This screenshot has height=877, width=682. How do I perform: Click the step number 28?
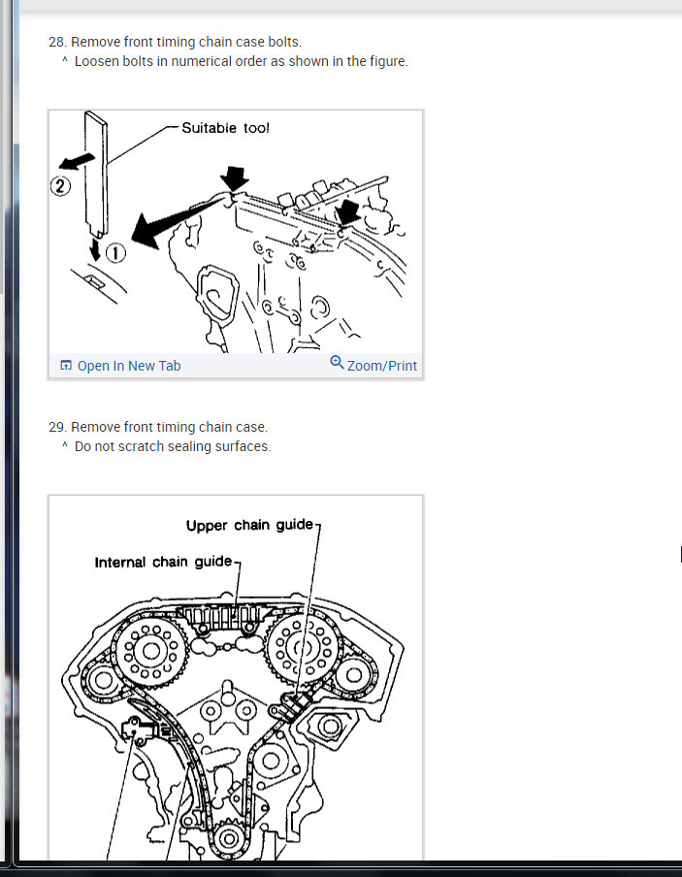pyautogui.click(x=57, y=42)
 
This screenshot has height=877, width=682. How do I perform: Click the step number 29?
pyautogui.click(x=57, y=427)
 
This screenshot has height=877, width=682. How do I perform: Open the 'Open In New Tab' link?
pyautogui.click(x=129, y=366)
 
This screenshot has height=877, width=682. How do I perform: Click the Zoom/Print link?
pyautogui.click(x=382, y=366)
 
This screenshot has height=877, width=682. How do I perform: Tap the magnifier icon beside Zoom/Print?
pyautogui.click(x=337, y=363)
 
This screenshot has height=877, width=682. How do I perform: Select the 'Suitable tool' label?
pyautogui.click(x=225, y=128)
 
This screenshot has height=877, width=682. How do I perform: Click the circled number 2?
pyautogui.click(x=60, y=185)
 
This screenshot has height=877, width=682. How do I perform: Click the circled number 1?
pyautogui.click(x=115, y=253)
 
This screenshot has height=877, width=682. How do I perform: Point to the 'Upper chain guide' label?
pyautogui.click(x=249, y=525)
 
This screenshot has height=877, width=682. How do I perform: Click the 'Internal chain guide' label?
pyautogui.click(x=163, y=562)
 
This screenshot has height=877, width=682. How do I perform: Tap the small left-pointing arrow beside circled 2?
pyautogui.click(x=77, y=161)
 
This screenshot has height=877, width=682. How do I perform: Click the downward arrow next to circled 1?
pyautogui.click(x=95, y=250)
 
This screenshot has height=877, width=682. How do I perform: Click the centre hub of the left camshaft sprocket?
pyautogui.click(x=151, y=651)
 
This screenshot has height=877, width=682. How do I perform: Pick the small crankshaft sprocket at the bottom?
pyautogui.click(x=228, y=839)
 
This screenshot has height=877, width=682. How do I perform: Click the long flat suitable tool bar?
pyautogui.click(x=96, y=174)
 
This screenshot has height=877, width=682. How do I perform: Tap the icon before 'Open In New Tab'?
pyautogui.click(x=66, y=366)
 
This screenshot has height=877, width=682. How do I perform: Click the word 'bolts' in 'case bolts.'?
pyautogui.click(x=285, y=42)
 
